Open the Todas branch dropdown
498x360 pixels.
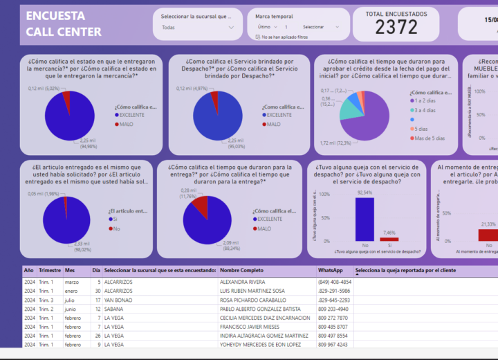197,28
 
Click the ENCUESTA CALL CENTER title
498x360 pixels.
63,24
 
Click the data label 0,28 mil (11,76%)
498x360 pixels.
189,193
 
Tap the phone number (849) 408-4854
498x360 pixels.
335,282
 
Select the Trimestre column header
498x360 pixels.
50,270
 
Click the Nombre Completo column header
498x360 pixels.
241,270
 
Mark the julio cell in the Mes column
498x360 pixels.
70,300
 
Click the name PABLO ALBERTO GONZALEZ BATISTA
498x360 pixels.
259,309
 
